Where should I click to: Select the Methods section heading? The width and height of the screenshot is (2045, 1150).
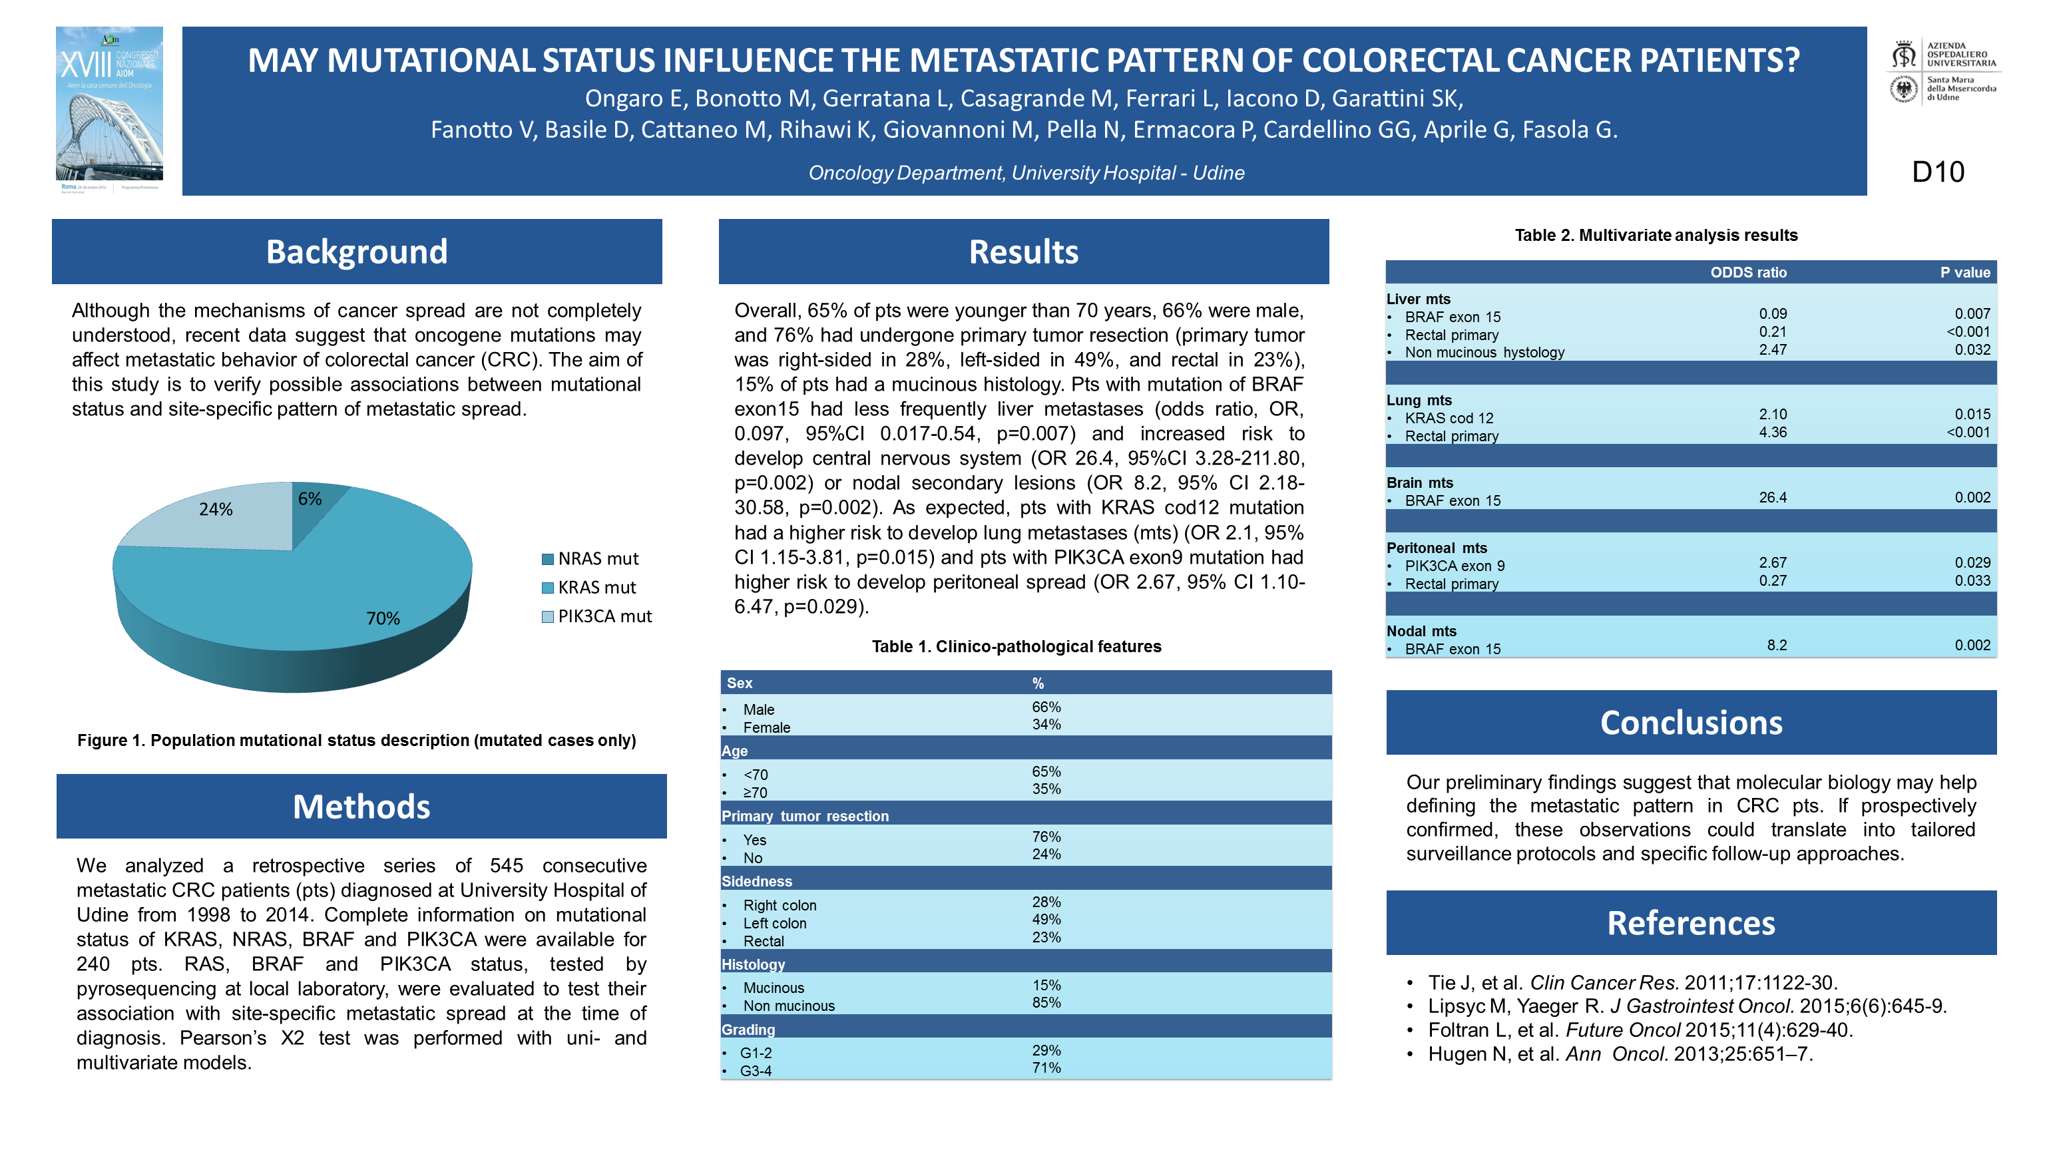(x=361, y=807)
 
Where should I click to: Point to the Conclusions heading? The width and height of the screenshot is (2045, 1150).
(x=1691, y=722)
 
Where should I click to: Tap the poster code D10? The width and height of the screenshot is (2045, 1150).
(x=1937, y=172)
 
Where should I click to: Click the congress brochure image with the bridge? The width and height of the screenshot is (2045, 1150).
(x=110, y=110)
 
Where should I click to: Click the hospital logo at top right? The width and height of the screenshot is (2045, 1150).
(x=1942, y=71)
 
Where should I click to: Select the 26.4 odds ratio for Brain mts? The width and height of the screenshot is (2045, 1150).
(x=1772, y=498)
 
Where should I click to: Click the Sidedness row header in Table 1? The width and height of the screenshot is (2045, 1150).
(x=756, y=881)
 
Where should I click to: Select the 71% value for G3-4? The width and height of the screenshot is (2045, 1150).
(x=1046, y=1068)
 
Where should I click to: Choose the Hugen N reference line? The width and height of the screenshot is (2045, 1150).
(x=1620, y=1054)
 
